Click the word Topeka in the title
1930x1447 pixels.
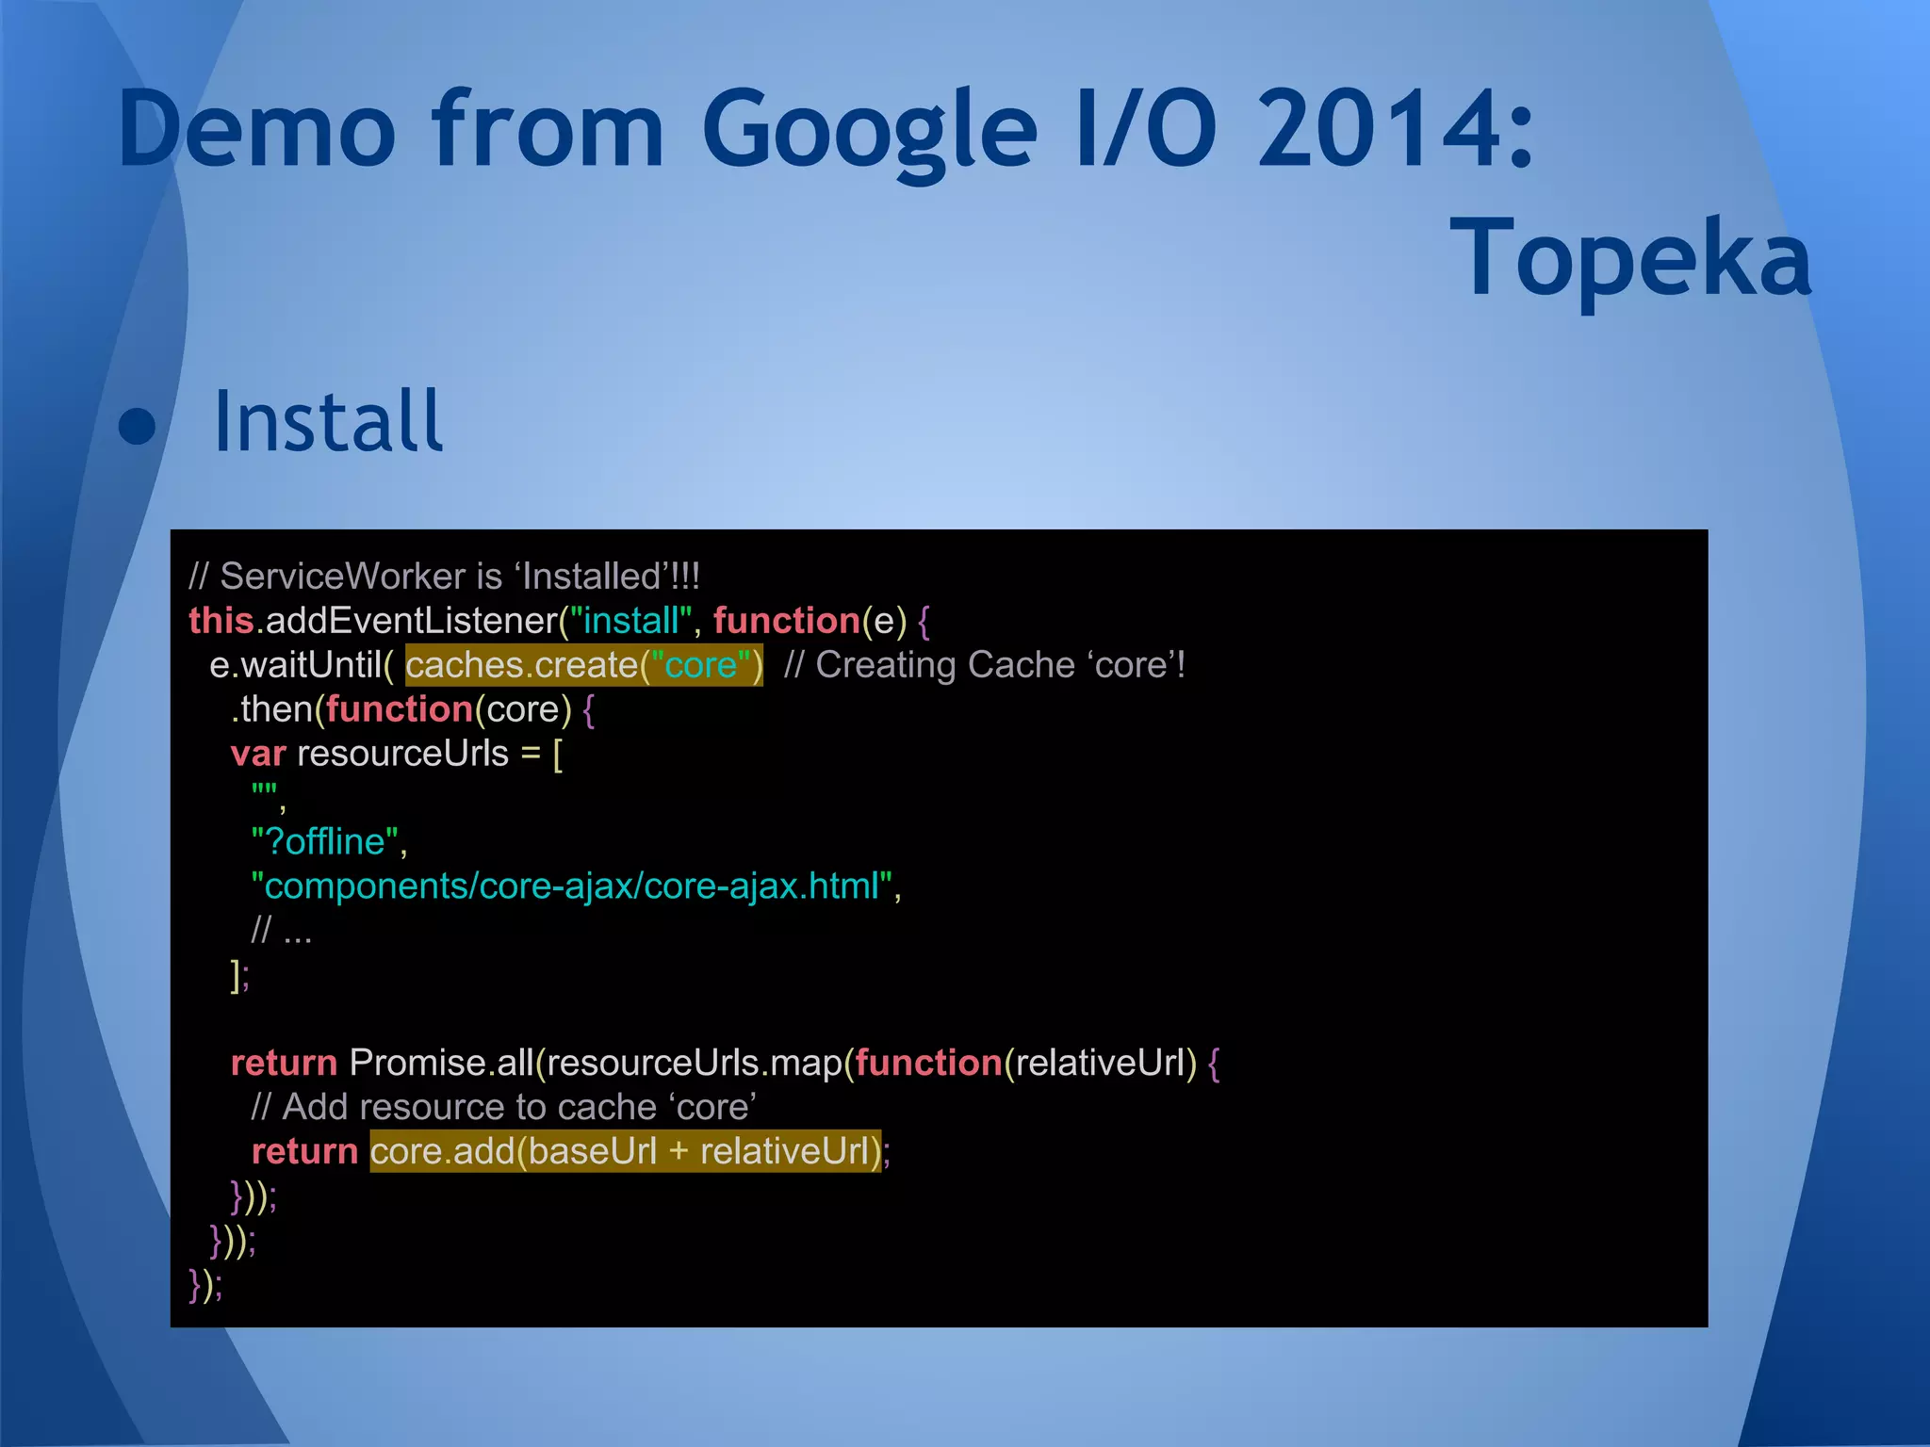click(1629, 257)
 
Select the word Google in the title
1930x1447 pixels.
click(868, 131)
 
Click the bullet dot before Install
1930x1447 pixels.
click(138, 426)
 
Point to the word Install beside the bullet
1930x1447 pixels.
click(327, 421)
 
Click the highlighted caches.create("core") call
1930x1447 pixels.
click(583, 665)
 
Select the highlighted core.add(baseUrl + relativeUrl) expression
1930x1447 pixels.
click(626, 1151)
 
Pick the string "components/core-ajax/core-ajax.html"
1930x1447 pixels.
click(575, 886)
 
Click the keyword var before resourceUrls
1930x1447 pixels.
click(257, 754)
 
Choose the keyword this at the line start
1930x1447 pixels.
click(221, 621)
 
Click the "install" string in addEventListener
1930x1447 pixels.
click(630, 621)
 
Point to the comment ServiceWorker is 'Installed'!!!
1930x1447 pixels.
click(444, 577)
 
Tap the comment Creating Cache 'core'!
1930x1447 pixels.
click(984, 665)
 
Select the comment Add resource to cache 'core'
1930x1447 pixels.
click(503, 1107)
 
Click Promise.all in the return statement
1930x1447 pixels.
click(441, 1063)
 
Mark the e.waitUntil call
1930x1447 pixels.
click(295, 665)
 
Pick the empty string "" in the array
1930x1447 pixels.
click(265, 792)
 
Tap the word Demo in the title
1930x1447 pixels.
click(256, 129)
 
